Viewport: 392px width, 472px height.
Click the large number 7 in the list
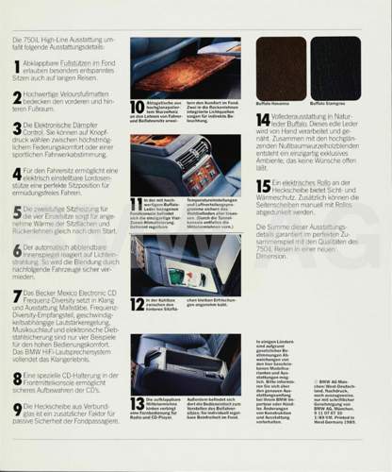(x=16, y=295)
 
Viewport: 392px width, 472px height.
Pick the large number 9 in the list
(x=16, y=409)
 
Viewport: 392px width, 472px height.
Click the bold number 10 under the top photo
(x=138, y=108)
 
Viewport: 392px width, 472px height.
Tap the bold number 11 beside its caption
(x=137, y=205)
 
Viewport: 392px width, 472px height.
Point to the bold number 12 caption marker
(x=137, y=302)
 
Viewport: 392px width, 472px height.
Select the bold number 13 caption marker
(x=138, y=404)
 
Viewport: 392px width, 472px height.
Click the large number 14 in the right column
(x=263, y=121)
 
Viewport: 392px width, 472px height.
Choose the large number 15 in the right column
(x=263, y=187)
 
